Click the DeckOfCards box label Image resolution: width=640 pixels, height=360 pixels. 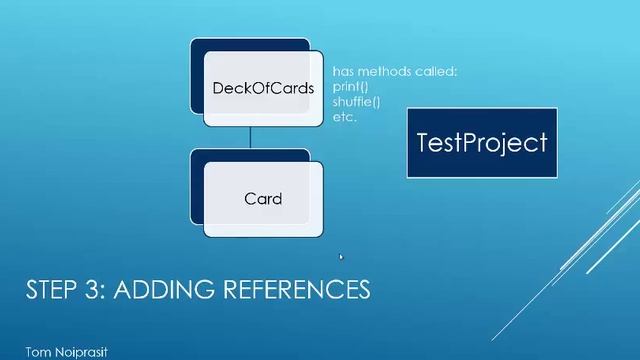pos(263,88)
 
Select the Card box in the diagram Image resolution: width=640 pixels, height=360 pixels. pos(263,198)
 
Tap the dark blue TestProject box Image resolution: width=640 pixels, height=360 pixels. pos(483,142)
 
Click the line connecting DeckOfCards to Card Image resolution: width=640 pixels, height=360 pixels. pos(250,138)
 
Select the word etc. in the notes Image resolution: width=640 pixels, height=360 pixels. pos(344,117)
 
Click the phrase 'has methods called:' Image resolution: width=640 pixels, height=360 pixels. pos(394,72)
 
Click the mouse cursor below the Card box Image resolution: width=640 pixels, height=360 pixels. pos(341,257)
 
